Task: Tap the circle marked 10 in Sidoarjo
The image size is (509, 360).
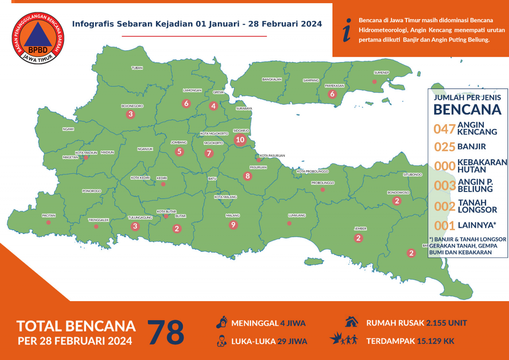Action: [x=240, y=140]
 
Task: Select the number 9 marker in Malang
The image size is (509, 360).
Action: [x=233, y=225]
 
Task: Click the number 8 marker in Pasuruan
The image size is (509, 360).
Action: [x=248, y=176]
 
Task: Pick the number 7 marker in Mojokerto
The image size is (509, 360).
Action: [x=209, y=153]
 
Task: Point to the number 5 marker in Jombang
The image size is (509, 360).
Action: [x=179, y=152]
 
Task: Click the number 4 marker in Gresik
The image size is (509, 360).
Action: [x=214, y=106]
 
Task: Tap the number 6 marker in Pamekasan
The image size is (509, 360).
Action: [x=332, y=94]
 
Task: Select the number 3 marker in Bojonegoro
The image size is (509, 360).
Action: [x=130, y=115]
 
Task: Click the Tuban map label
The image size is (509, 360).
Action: [x=137, y=68]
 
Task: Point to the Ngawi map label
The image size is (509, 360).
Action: [x=68, y=129]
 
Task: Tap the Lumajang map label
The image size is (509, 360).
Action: [x=297, y=215]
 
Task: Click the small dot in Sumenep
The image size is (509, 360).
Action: [x=374, y=82]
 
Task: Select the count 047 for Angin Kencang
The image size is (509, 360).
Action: [x=444, y=129]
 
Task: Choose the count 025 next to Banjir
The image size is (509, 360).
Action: [x=444, y=147]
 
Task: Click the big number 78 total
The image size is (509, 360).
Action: [x=166, y=332]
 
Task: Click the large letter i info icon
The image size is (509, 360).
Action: [x=347, y=30]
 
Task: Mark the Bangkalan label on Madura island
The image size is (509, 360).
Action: [x=272, y=79]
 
